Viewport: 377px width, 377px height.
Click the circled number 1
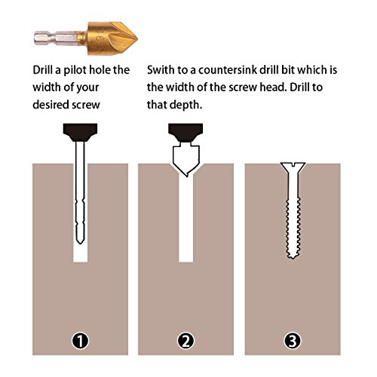click(81, 341)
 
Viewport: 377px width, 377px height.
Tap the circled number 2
click(186, 341)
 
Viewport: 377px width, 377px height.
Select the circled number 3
click(293, 341)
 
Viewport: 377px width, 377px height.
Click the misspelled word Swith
click(161, 70)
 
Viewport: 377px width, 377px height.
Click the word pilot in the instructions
click(75, 70)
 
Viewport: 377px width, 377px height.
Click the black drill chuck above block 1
click(80, 132)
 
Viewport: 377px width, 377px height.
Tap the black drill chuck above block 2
click(185, 132)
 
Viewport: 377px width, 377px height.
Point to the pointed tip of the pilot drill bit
click(80, 243)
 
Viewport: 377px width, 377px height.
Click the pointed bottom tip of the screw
click(293, 257)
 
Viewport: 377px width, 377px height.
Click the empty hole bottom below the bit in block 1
click(81, 254)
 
